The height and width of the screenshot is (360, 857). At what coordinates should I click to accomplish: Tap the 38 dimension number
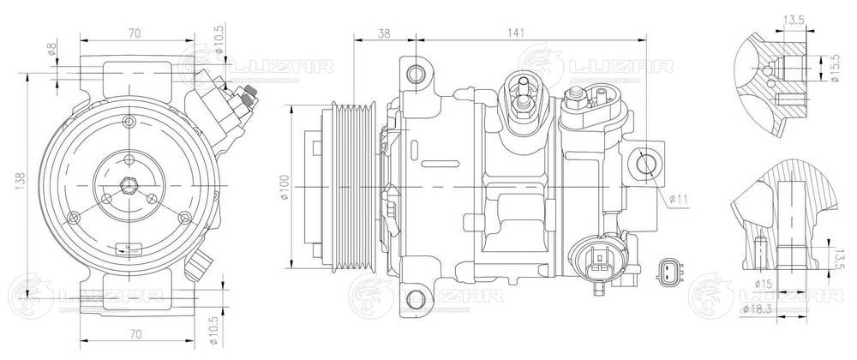point(384,33)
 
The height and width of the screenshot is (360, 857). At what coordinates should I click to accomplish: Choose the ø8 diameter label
point(52,50)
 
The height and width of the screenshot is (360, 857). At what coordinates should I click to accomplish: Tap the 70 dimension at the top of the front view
point(134,33)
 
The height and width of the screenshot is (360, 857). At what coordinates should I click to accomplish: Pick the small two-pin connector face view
point(668,272)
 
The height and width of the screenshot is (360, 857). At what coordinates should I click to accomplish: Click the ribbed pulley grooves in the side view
point(353,184)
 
